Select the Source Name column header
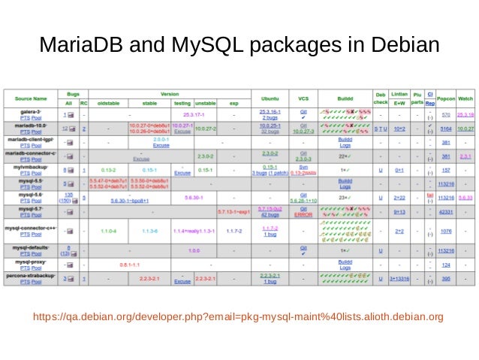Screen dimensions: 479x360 [x=31, y=98]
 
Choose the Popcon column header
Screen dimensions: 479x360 [x=446, y=98]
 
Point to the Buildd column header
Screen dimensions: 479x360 [x=345, y=98]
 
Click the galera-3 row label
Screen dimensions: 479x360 [x=31, y=111]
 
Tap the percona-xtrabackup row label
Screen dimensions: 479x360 [x=31, y=276]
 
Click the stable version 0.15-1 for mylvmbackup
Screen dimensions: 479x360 [x=149, y=170]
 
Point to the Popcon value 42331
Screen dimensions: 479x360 [x=446, y=213]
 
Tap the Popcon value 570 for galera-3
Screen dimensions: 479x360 [x=446, y=114]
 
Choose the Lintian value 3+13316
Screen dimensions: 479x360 [x=399, y=280]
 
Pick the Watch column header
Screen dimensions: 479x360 [x=465, y=98]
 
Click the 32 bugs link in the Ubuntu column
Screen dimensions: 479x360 [x=270, y=132]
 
